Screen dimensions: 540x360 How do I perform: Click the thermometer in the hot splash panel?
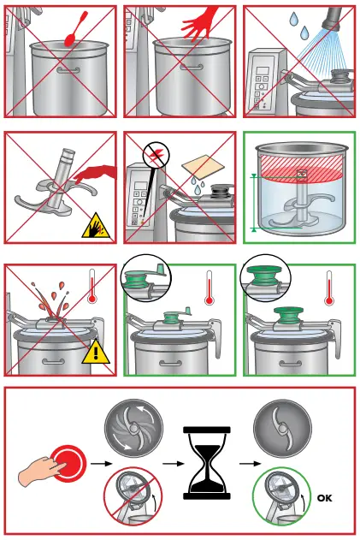click(x=91, y=290)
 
